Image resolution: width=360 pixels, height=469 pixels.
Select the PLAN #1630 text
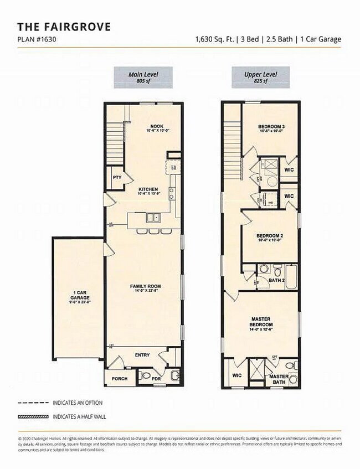37,39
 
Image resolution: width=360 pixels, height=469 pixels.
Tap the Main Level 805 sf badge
143,77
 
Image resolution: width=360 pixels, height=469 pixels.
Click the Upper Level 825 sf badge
256,77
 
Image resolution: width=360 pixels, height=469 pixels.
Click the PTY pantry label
116,178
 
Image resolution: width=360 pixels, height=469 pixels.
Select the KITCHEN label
148,191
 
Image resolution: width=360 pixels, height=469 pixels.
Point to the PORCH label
119,379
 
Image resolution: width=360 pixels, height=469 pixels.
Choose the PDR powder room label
156,379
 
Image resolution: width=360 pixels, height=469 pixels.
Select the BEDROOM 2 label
269,237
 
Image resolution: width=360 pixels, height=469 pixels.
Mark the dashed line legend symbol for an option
33,403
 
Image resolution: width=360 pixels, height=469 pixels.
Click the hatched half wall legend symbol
33,416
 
